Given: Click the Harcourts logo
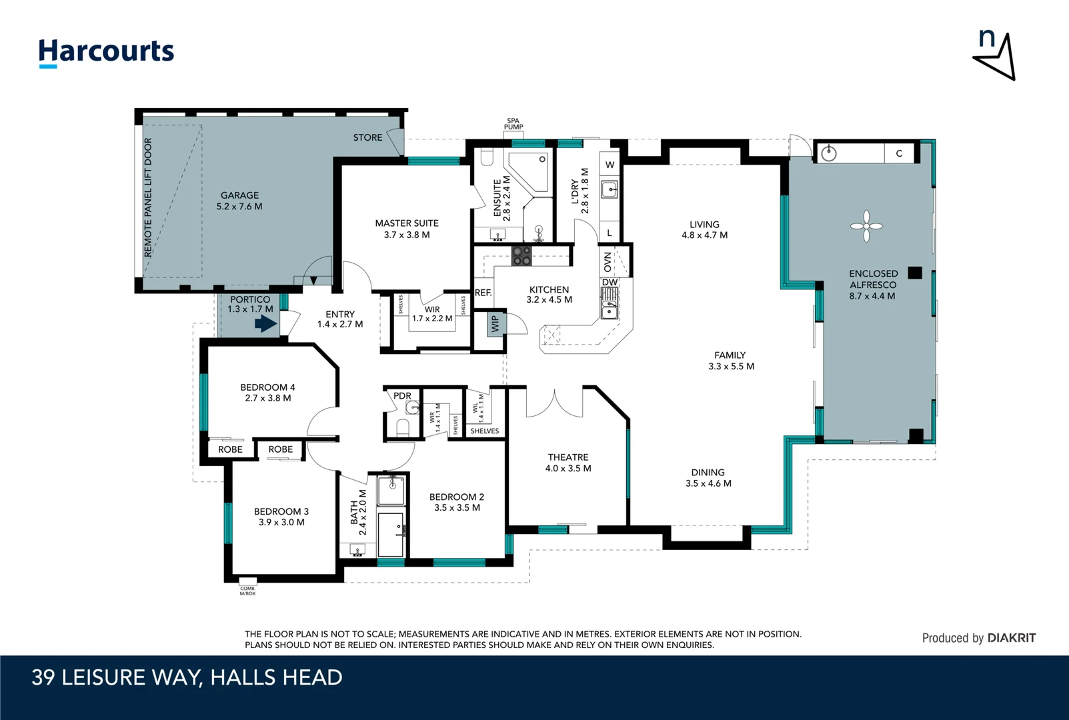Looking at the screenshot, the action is coord(106,53).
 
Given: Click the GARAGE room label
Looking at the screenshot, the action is coord(239,195).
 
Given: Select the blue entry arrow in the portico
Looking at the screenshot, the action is coord(266,324).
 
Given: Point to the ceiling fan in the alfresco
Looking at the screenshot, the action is coord(866,226).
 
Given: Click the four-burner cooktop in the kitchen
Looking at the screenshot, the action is coord(521,256).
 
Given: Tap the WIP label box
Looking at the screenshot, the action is coord(495,324).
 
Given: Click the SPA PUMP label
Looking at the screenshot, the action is coord(513,124).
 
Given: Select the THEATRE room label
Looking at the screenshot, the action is coord(568,457).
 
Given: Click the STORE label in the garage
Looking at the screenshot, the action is coord(367,137).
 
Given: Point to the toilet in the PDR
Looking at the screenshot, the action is coord(403,427).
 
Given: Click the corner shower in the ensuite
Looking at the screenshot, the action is coord(528,172).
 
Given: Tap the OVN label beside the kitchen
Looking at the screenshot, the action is coord(607,262).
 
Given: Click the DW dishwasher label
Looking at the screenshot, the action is coord(610,282).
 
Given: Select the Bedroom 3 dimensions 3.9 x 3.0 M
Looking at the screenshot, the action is coord(281,522).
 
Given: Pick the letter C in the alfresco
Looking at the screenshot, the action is coord(899,153).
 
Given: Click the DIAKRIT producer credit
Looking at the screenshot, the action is coord(1012,638).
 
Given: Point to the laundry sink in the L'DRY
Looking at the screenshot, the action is coord(610,189).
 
